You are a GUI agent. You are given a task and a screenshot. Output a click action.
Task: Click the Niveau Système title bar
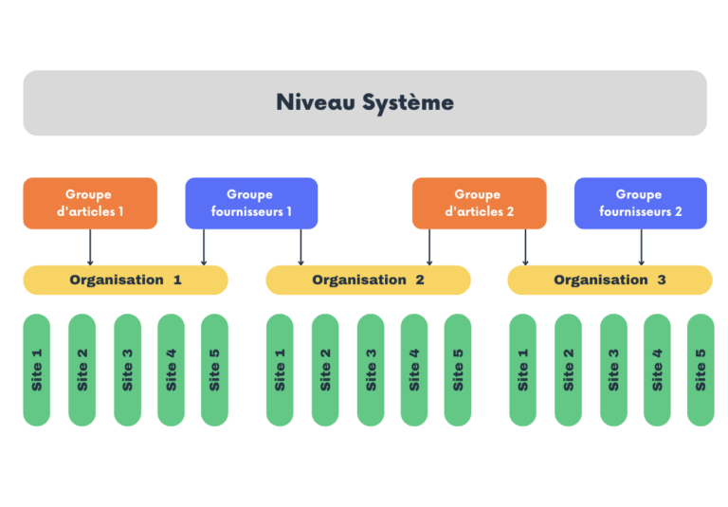(365, 102)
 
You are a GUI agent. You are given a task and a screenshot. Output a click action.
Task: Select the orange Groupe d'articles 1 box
(90, 204)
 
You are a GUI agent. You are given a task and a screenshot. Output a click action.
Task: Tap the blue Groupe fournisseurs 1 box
(251, 204)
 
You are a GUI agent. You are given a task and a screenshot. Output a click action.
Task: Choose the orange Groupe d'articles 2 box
(479, 204)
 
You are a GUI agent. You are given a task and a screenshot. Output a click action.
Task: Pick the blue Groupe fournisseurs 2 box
(641, 204)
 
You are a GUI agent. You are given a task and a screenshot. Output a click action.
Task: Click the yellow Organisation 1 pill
(125, 280)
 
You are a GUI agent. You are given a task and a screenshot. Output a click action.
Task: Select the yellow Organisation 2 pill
(368, 280)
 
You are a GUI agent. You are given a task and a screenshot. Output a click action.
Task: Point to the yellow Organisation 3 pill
(610, 280)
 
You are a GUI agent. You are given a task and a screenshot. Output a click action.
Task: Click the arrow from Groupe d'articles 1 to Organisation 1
(90, 247)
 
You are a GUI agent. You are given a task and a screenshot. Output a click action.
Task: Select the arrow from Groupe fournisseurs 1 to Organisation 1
(204, 247)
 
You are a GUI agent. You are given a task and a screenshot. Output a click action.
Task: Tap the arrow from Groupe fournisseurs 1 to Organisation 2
(300, 247)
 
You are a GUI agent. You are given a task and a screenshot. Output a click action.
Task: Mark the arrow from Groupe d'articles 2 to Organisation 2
(429, 247)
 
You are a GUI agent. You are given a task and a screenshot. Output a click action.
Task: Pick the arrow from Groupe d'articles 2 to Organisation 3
(525, 247)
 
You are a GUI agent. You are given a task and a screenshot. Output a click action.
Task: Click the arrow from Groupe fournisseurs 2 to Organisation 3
(641, 247)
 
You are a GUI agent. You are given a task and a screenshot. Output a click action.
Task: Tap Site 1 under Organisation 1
(37, 370)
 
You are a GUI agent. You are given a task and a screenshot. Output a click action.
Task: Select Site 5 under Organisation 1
(214, 370)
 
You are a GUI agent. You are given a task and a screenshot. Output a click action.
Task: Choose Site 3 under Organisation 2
(371, 370)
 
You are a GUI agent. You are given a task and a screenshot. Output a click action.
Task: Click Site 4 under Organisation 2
(414, 370)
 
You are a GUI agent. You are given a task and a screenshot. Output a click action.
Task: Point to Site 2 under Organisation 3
(569, 370)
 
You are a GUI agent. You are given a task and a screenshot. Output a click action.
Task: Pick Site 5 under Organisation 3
(701, 370)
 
